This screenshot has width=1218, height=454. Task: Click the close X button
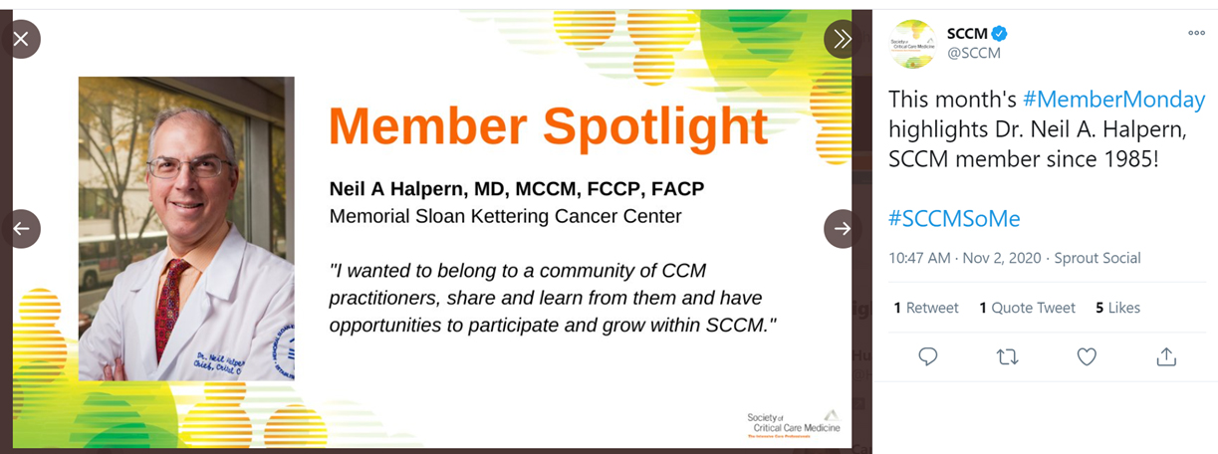pos(21,39)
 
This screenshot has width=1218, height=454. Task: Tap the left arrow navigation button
pos(21,228)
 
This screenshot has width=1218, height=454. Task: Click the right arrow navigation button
pos(843,228)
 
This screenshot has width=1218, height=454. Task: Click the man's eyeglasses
pos(189,166)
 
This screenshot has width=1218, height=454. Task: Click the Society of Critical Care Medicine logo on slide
pos(793,423)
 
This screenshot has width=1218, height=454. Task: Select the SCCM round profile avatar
pos(912,44)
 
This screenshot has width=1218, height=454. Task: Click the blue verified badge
pos(999,34)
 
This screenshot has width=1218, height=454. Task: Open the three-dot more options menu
pos(1196,33)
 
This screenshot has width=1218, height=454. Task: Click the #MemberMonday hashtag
pos(1113,100)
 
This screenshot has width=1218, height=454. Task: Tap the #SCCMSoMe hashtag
pos(953,218)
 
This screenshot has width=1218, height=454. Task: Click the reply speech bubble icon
pos(927,356)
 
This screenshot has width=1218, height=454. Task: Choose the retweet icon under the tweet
pos(1007,356)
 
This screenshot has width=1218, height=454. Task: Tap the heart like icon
pos(1087,356)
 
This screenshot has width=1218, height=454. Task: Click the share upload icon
pos(1166,356)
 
